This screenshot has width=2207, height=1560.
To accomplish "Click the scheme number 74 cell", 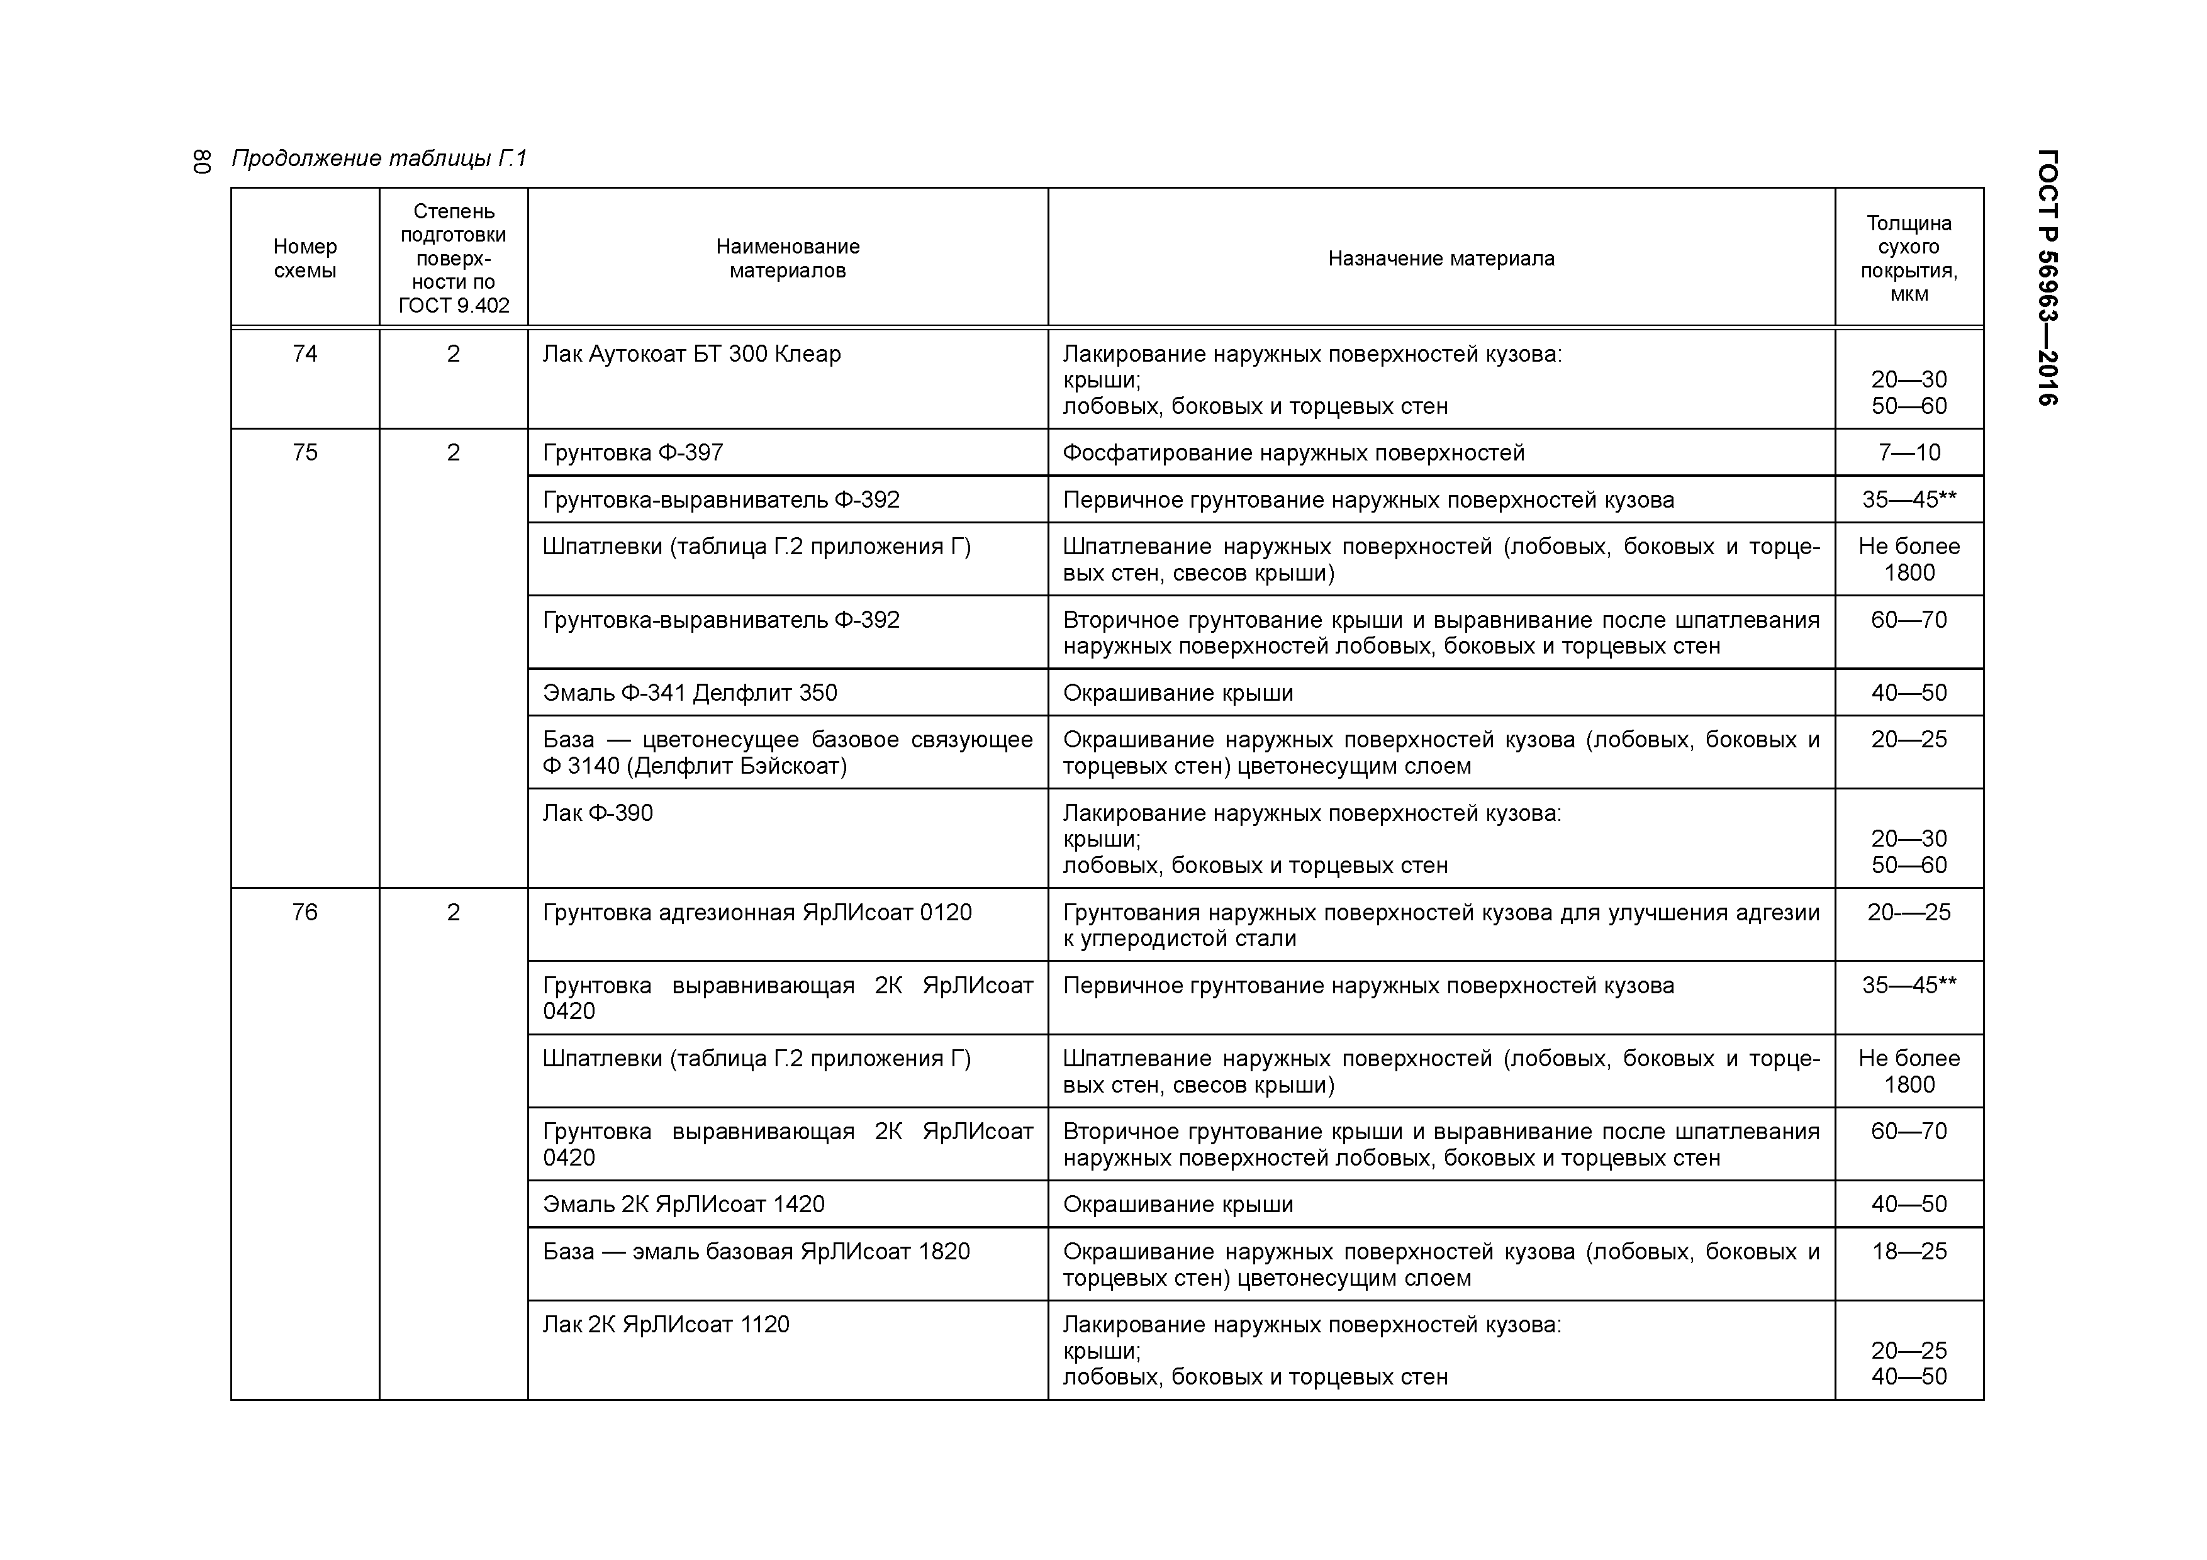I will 305,355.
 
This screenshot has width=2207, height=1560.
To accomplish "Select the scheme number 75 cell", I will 305,453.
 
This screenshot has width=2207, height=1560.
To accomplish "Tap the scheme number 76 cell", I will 305,912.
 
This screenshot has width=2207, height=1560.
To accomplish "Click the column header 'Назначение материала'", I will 1441,259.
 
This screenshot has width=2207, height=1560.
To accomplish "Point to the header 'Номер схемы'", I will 305,259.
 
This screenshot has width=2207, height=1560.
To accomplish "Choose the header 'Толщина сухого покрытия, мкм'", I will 1908,259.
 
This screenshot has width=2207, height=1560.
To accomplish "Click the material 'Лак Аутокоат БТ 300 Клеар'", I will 691,355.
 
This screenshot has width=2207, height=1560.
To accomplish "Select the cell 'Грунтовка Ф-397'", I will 632,453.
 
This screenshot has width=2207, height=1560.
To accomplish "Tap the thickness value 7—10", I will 1908,453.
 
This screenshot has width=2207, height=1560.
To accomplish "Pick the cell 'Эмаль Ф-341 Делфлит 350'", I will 689,693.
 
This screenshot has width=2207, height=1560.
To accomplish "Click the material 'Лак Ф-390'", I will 597,813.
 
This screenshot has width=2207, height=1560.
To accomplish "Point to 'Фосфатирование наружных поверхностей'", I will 1293,453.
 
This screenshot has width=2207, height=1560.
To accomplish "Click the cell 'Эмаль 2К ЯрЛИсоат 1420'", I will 683,1205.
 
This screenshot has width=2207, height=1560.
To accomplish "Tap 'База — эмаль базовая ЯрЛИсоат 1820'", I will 756,1252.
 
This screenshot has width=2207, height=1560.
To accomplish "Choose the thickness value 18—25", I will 1908,1252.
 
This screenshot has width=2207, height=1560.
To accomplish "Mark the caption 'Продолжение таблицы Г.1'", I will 379,159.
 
